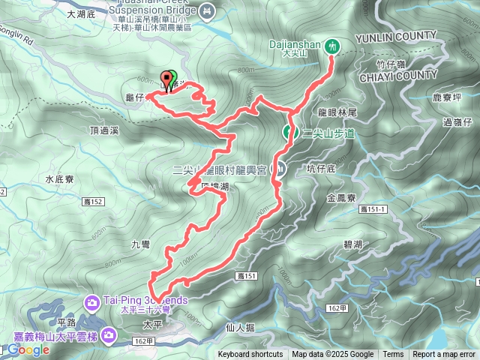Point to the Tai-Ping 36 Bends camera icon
tap(92, 302)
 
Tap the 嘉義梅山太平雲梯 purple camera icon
tap(112, 334)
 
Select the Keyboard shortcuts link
tap(250, 355)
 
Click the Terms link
tap(393, 355)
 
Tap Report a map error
tap(444, 355)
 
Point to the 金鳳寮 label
tap(341, 199)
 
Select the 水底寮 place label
tap(58, 180)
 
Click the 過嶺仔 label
tap(457, 121)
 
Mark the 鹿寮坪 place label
tap(448, 97)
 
